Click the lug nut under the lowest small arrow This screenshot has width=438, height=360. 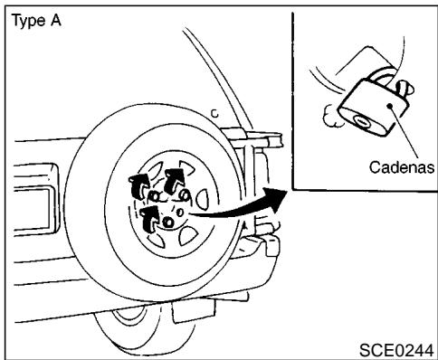click(x=167, y=222)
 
